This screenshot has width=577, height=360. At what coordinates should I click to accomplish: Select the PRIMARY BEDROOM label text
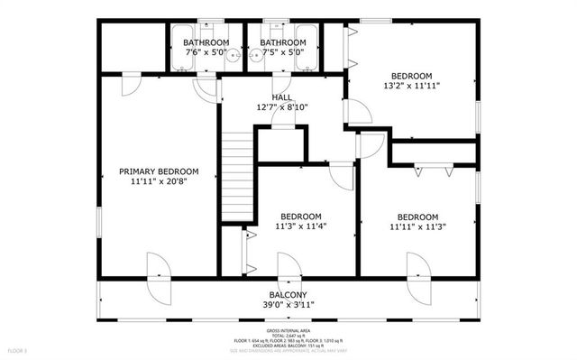click(159, 171)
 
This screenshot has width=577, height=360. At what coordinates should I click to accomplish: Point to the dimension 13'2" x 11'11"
click(411, 88)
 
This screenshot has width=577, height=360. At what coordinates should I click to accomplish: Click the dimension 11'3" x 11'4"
click(300, 226)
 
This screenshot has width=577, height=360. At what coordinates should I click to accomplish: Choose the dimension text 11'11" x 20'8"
click(159, 182)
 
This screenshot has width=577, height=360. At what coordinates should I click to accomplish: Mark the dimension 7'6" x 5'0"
click(205, 52)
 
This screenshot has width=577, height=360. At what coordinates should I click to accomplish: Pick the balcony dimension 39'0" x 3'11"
click(287, 306)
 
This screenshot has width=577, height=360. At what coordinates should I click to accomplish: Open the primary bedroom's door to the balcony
click(157, 268)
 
